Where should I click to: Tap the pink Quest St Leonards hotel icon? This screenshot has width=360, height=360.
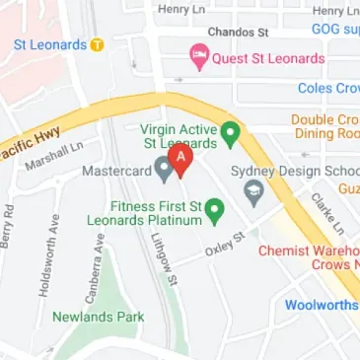(197, 58)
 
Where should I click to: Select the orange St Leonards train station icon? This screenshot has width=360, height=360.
(97, 44)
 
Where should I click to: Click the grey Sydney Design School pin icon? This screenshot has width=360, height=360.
(253, 190)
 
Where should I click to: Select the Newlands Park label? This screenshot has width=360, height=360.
(98, 317)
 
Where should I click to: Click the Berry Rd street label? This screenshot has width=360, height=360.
(9, 224)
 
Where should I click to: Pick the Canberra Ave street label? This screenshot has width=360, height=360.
(98, 257)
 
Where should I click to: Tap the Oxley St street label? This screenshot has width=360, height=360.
(225, 243)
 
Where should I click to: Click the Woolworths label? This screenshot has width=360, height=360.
(322, 305)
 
